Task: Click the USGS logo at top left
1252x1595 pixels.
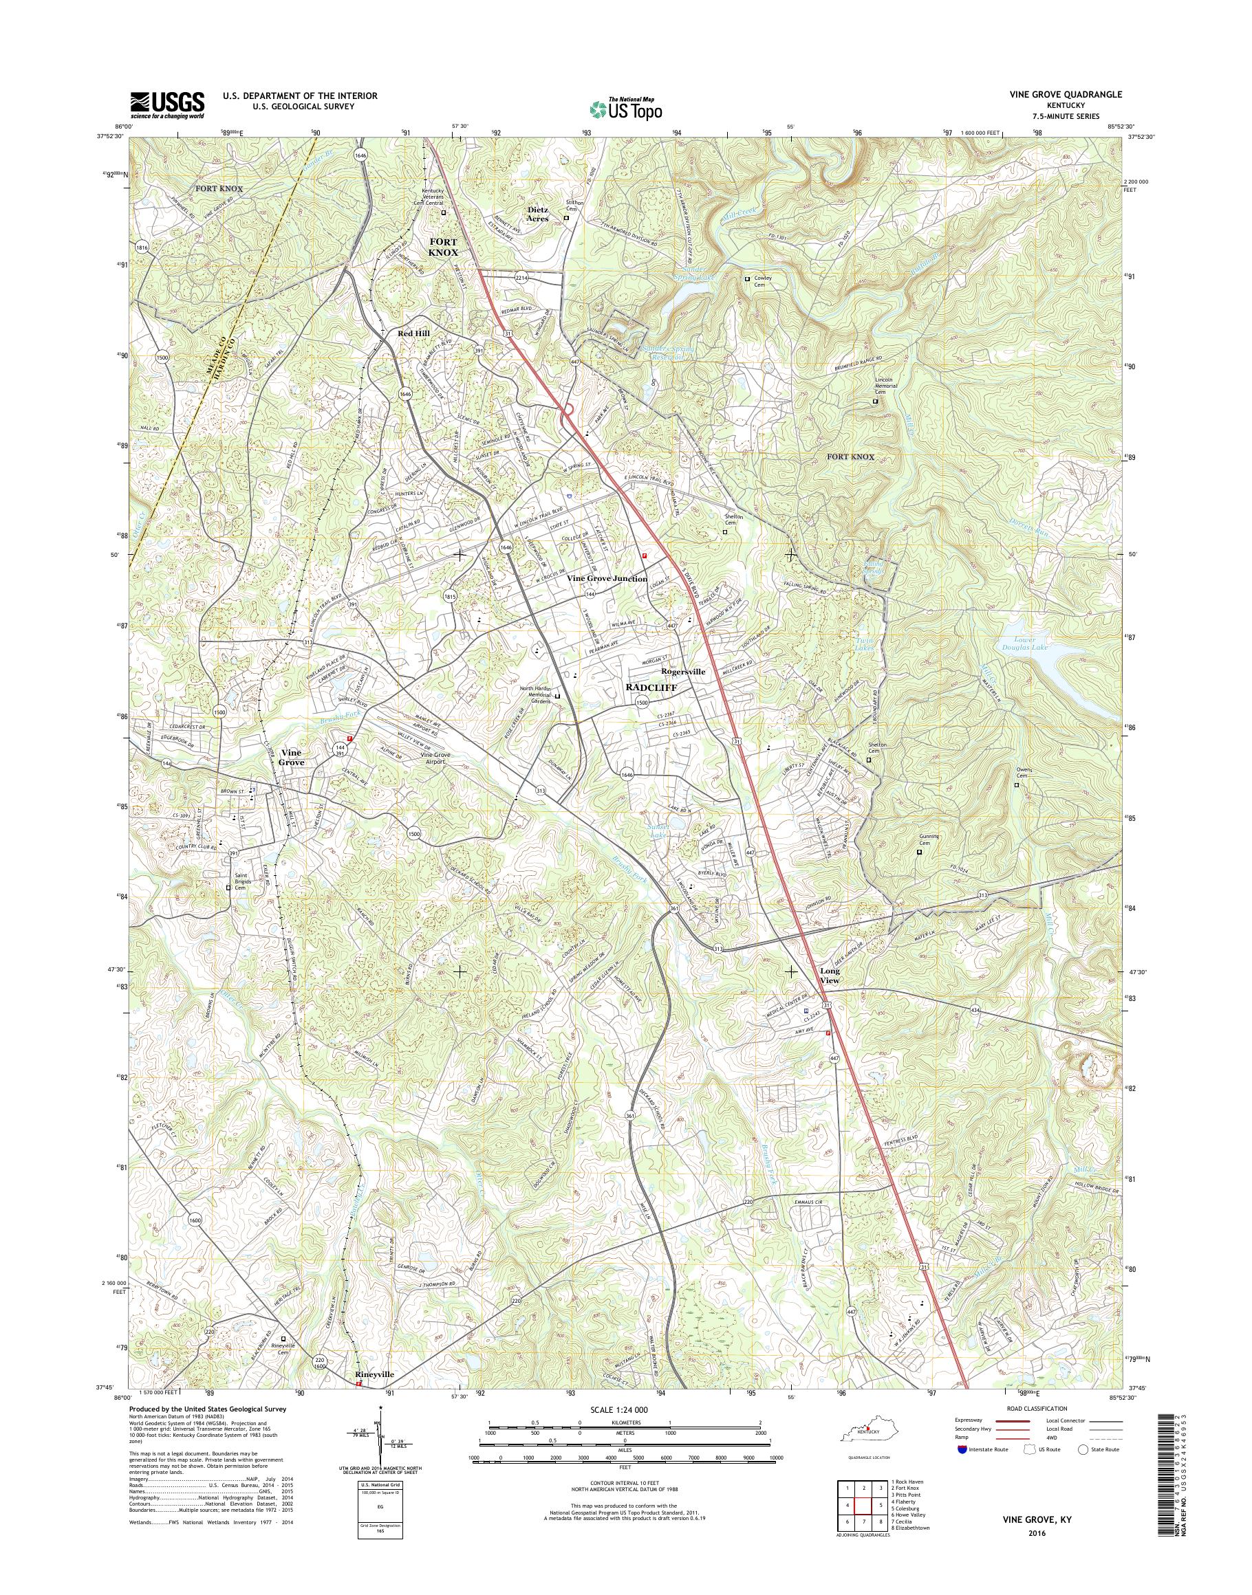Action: tap(167, 104)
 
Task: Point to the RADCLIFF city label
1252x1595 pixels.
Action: tap(651, 687)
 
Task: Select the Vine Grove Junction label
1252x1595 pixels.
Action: tap(607, 579)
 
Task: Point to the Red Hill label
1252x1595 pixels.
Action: tap(414, 333)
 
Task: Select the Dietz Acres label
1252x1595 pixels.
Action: tap(538, 213)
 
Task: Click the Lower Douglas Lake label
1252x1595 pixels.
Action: tap(1025, 644)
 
